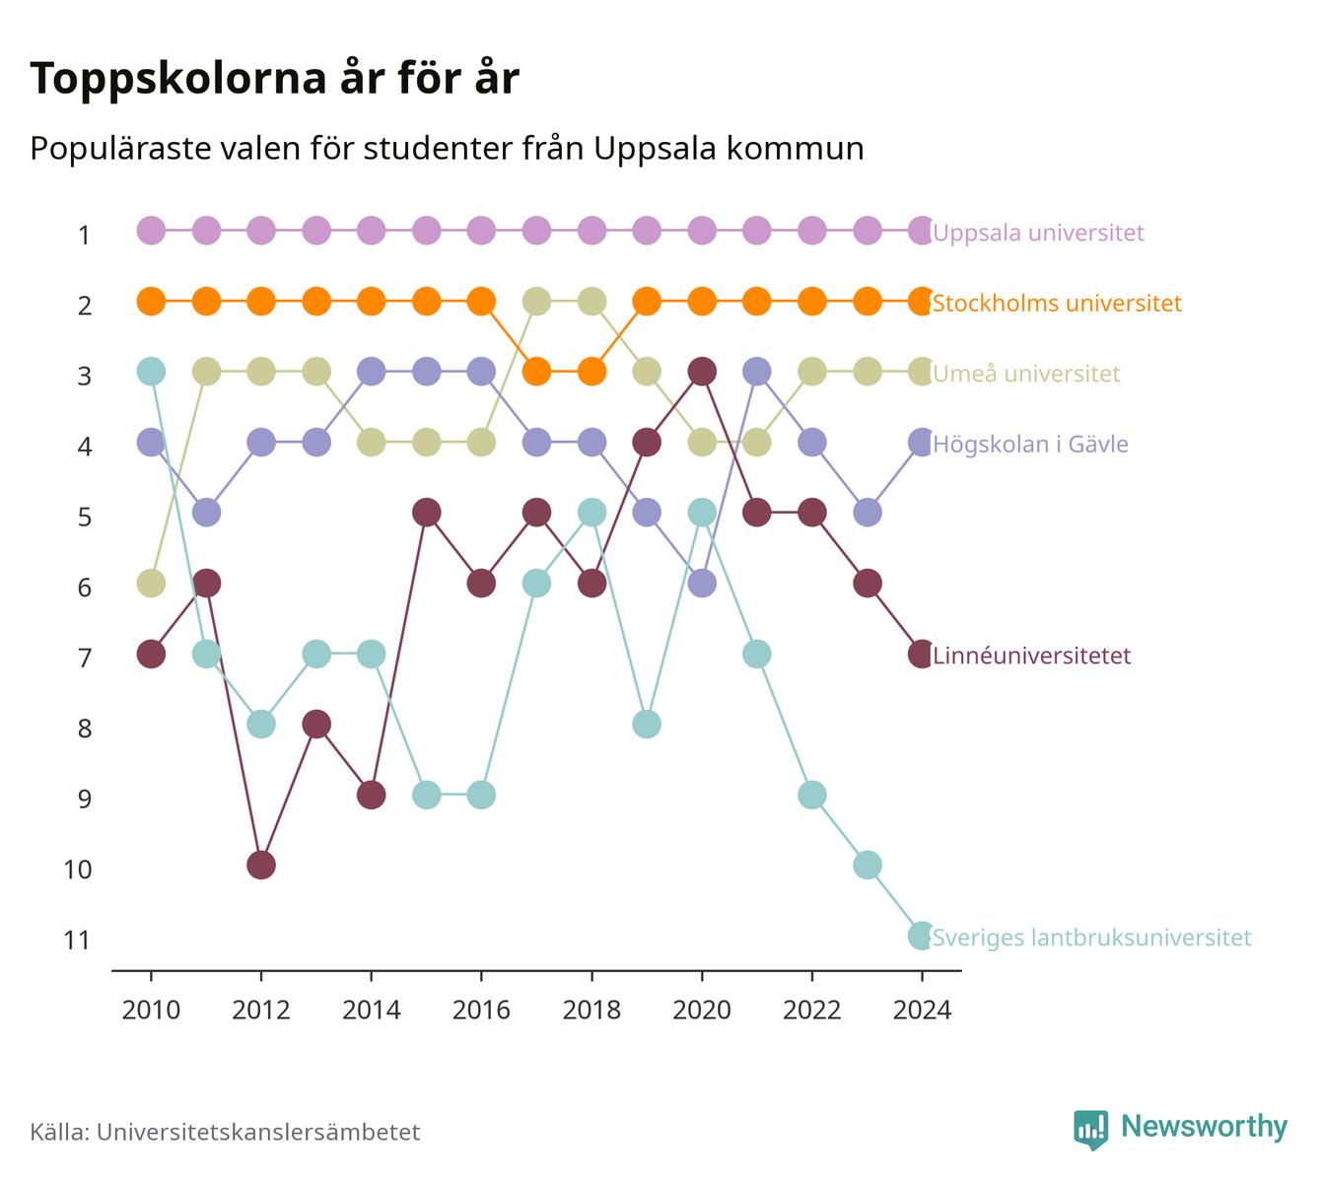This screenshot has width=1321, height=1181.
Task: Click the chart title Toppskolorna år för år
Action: [x=274, y=78]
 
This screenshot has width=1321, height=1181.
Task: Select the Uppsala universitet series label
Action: [x=1038, y=233]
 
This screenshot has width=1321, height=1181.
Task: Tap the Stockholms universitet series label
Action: [x=1057, y=304]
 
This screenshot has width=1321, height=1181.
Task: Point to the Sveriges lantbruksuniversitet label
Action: [x=1091, y=938]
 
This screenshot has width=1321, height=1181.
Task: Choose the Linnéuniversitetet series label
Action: [x=1031, y=656]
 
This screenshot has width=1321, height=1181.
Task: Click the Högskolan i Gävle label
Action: [x=1030, y=444]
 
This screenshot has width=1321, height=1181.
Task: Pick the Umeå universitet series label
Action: [x=1026, y=374]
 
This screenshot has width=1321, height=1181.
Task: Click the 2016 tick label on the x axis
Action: [x=481, y=1010]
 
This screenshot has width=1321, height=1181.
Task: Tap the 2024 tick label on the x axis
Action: [x=922, y=1010]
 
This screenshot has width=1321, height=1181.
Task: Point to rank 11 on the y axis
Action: [x=77, y=940]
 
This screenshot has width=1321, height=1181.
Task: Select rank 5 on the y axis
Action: [x=85, y=518]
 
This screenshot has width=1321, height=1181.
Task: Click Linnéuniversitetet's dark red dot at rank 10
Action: [x=261, y=866]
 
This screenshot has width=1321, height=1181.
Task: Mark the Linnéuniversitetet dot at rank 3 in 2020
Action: [x=702, y=372]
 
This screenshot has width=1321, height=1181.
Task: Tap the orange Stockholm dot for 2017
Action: [x=537, y=372]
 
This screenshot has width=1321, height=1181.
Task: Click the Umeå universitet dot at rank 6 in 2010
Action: [x=151, y=583]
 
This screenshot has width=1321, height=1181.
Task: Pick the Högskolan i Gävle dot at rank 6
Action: [x=702, y=583]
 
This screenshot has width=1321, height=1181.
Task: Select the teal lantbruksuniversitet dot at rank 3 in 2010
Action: [x=151, y=372]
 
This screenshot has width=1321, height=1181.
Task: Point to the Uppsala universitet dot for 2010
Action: [x=151, y=231]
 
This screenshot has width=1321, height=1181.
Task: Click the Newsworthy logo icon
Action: [x=1091, y=1130]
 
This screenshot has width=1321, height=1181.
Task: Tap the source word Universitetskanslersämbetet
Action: [x=258, y=1132]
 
